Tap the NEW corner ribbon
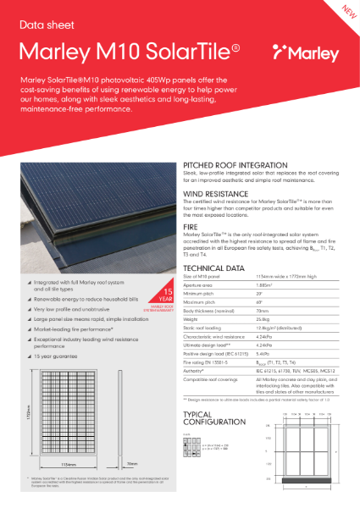coord(346,12)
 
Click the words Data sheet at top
coord(42,18)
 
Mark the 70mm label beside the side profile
coord(145,463)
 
